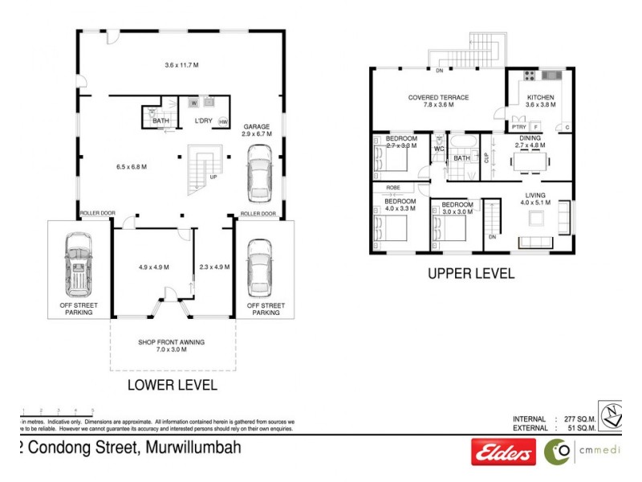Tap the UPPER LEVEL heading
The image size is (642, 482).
(470, 273)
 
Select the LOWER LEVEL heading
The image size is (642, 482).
(173, 385)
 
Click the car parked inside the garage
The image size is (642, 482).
(259, 173)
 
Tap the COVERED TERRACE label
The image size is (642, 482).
(438, 97)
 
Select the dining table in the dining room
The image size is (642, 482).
(530, 161)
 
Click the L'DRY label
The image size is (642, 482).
(204, 121)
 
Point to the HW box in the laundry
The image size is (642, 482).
(223, 122)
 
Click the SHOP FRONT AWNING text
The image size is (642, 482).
(171, 342)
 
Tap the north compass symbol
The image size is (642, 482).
(612, 414)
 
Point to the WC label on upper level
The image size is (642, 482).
(439, 149)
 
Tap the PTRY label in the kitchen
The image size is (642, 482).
(518, 127)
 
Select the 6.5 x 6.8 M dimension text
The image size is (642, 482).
(132, 167)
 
